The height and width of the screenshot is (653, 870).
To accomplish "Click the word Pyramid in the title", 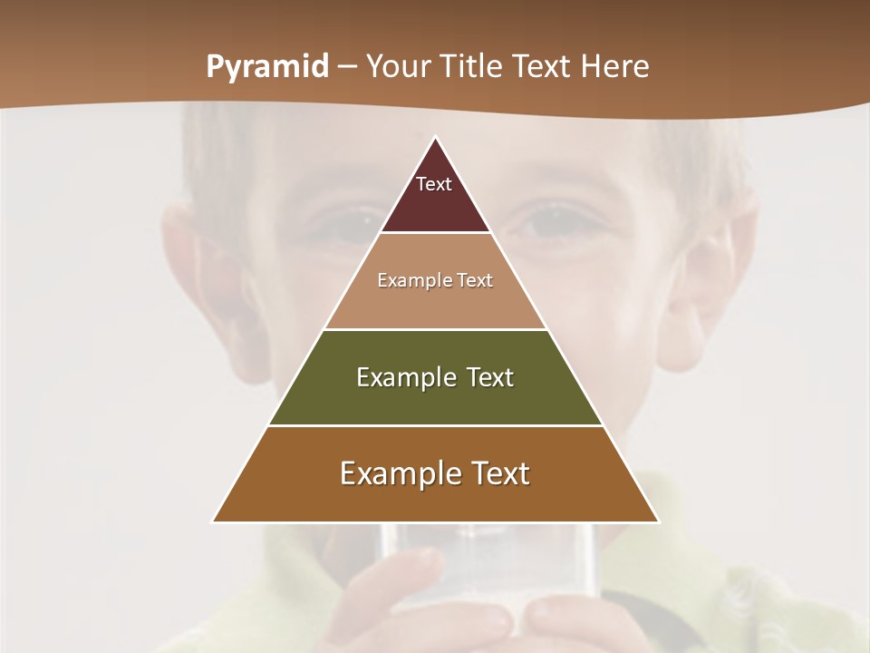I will [266, 67].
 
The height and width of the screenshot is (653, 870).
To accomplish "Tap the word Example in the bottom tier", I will [391, 473].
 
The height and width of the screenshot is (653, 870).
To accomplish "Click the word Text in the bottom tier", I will [498, 473].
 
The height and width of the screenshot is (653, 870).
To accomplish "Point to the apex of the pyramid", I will [435, 138].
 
